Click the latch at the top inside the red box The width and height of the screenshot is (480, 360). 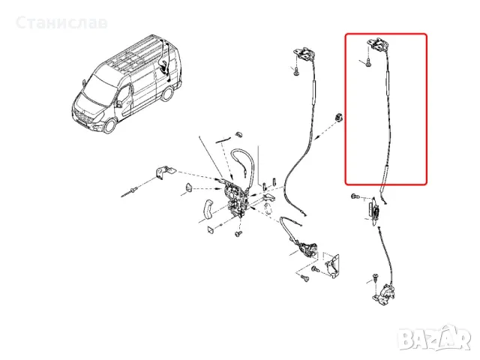378,46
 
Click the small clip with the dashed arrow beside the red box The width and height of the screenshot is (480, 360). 338,116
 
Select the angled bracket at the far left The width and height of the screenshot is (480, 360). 161,172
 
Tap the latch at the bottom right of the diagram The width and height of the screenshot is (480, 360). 384,293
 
